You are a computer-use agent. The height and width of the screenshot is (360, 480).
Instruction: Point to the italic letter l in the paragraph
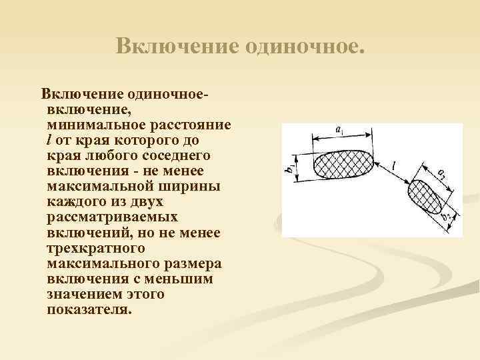[x=49, y=139]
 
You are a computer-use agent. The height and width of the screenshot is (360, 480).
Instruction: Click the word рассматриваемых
[x=112, y=217]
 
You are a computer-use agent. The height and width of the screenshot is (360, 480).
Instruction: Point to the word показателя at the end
[x=89, y=309]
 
